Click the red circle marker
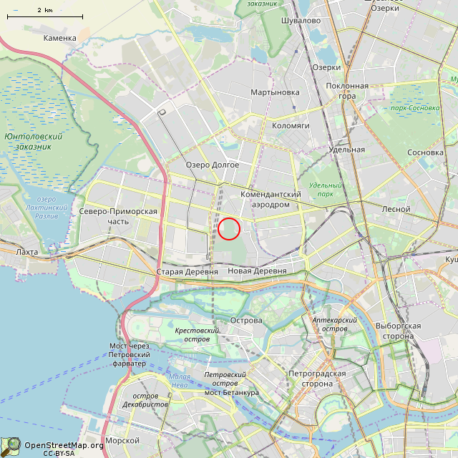coord(228,228)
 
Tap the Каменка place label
coord(59,38)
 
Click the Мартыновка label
coord(275,92)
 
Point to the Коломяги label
coord(290,125)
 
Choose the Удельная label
coord(349,150)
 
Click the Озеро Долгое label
coord(213,165)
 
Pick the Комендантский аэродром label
coord(271,199)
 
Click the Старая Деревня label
coord(187,272)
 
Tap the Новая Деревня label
coord(257,271)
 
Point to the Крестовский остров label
coord(197,334)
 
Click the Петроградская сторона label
coord(317,379)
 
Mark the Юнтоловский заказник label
coord(33,141)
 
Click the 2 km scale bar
coord(44,16)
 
